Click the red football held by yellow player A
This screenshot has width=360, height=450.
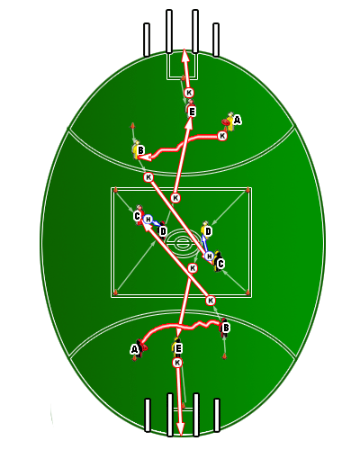pyautogui.click(x=226, y=122)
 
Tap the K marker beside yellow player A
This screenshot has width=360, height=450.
pyautogui.click(x=222, y=136)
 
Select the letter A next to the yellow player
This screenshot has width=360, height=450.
pyautogui.click(x=237, y=121)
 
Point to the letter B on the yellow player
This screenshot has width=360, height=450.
pyautogui.click(x=140, y=150)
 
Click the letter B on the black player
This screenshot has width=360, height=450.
pyautogui.click(x=226, y=328)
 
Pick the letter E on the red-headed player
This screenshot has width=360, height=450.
pyautogui.click(x=192, y=112)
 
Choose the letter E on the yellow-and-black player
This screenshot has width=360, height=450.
pyautogui.click(x=178, y=348)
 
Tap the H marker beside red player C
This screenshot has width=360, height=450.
pyautogui.click(x=148, y=220)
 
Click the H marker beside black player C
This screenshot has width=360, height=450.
pyautogui.click(x=210, y=256)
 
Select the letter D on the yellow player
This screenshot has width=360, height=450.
pyautogui.click(x=208, y=231)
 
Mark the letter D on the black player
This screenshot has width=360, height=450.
pyautogui.click(x=163, y=231)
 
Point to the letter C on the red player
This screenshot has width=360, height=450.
pyautogui.click(x=137, y=216)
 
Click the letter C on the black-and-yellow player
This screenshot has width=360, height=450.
pyautogui.click(x=220, y=264)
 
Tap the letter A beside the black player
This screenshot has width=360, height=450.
pyautogui.click(x=134, y=349)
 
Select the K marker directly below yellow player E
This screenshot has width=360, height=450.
pyautogui.click(x=177, y=363)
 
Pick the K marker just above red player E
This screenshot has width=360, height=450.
pyautogui.click(x=189, y=93)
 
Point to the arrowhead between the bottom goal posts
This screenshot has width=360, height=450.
pyautogui.click(x=180, y=429)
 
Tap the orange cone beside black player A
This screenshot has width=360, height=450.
pyautogui.click(x=134, y=358)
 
